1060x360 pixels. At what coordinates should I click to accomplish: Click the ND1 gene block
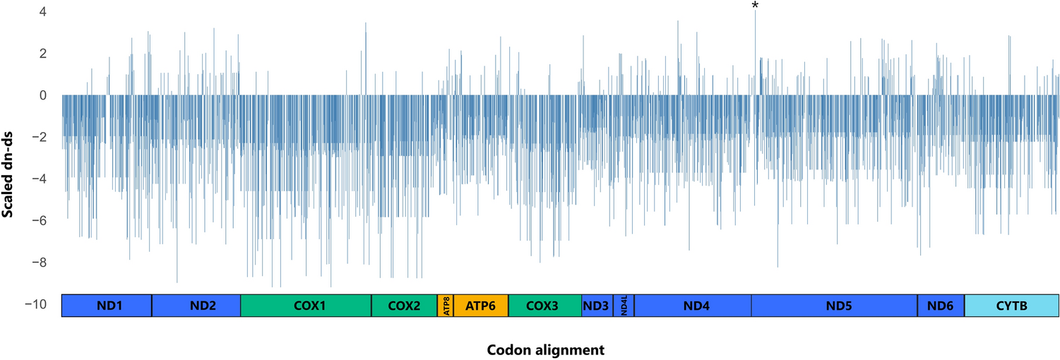(x=107, y=306)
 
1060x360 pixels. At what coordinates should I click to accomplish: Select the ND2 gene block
(x=196, y=306)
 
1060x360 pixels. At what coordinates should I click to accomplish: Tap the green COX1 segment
(x=306, y=306)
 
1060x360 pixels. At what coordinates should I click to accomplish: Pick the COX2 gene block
(x=404, y=306)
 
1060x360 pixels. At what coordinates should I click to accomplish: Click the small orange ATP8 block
(x=446, y=306)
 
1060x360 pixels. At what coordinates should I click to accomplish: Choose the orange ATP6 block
(x=481, y=306)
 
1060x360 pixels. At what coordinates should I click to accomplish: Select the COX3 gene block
(x=544, y=306)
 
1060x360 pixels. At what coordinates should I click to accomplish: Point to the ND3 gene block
(x=597, y=306)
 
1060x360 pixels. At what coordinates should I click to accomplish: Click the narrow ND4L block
(x=624, y=306)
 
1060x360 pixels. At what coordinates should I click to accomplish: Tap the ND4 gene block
(x=693, y=306)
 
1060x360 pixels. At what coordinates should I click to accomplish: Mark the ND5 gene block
(x=834, y=306)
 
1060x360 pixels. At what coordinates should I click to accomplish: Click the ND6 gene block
(x=941, y=306)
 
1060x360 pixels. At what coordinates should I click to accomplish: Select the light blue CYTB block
(x=1012, y=306)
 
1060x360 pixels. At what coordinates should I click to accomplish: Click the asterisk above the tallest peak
(x=755, y=6)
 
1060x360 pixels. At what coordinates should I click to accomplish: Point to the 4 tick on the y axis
(x=44, y=12)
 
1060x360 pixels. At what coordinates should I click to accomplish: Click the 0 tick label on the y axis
(x=44, y=95)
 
